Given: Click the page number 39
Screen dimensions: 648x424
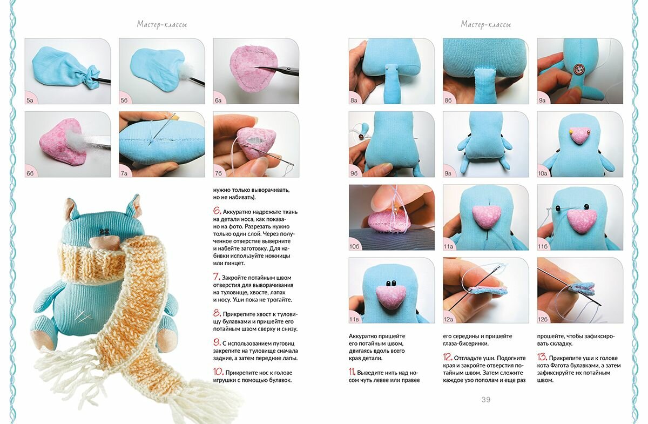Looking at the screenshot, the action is pyautogui.click(x=485, y=400).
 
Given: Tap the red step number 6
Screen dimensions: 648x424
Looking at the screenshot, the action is pyautogui.click(x=217, y=211).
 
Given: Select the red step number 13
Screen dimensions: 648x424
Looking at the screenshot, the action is pyautogui.click(x=542, y=356).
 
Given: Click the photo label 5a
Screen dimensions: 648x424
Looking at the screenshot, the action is pyautogui.click(x=30, y=100).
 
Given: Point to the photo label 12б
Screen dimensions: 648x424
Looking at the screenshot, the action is pyautogui.click(x=543, y=319).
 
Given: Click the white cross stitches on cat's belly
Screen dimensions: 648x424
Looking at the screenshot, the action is pyautogui.click(x=83, y=315).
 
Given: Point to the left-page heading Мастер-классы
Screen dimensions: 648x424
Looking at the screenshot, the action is pyautogui.click(x=161, y=24).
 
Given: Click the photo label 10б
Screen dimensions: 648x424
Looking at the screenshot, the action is pyautogui.click(x=355, y=246).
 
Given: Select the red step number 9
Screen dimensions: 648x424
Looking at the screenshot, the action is pyautogui.click(x=217, y=342).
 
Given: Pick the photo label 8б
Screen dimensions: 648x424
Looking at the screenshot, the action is pyautogui.click(x=448, y=100).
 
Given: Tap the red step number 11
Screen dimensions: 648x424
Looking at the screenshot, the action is pyautogui.click(x=352, y=371).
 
